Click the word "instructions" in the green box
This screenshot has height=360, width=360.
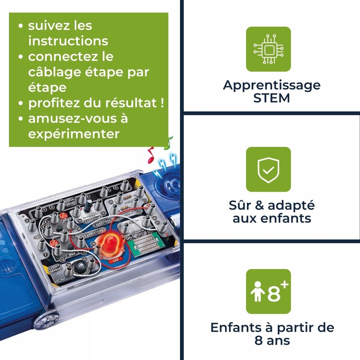[x=68, y=41]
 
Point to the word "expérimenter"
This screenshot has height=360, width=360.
[x=74, y=134]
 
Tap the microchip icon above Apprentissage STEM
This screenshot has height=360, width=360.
[x=268, y=49]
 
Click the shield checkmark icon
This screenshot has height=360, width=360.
[x=268, y=169]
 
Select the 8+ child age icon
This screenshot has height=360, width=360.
[x=268, y=291]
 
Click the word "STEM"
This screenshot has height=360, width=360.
[x=271, y=98]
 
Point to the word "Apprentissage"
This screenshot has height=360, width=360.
[x=271, y=85]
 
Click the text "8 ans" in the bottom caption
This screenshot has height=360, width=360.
[x=272, y=341]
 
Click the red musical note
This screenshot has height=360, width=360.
[x=151, y=155]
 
